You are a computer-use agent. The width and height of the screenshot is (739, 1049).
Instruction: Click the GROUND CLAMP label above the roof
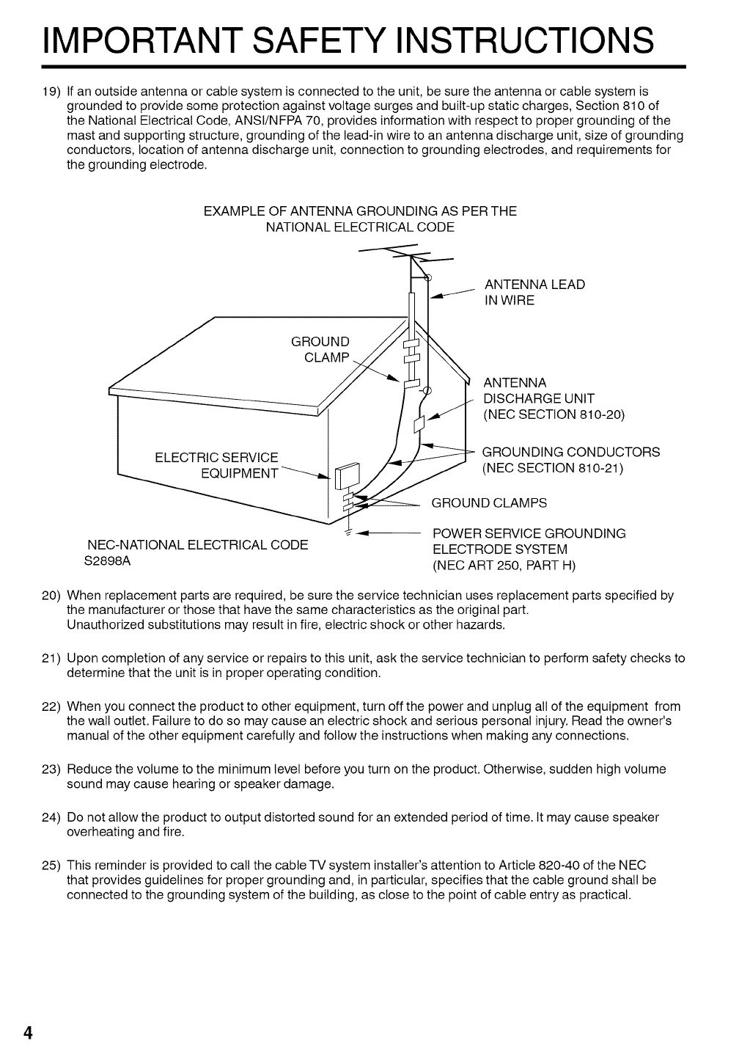point(320,349)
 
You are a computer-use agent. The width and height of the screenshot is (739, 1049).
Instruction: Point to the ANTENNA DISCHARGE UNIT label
point(539,398)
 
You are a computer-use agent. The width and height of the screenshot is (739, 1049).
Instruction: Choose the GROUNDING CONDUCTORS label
point(570,452)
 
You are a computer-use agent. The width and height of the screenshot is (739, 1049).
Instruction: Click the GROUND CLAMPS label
point(489,502)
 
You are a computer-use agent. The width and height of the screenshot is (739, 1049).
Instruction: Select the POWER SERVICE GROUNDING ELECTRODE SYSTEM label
point(529,541)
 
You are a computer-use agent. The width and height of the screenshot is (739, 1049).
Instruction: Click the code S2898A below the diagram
point(109,562)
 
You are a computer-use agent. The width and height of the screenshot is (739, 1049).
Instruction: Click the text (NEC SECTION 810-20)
point(554,414)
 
